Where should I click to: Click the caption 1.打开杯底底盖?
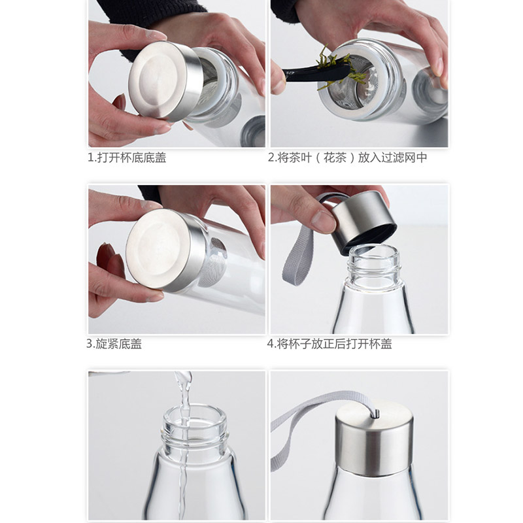tap(127, 158)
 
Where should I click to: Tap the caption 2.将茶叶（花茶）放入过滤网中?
tap(347, 158)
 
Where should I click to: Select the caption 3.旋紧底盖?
tap(114, 344)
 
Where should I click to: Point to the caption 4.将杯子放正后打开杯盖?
tap(329, 344)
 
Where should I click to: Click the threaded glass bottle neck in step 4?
tap(373, 263)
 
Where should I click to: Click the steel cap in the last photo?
tap(374, 437)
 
